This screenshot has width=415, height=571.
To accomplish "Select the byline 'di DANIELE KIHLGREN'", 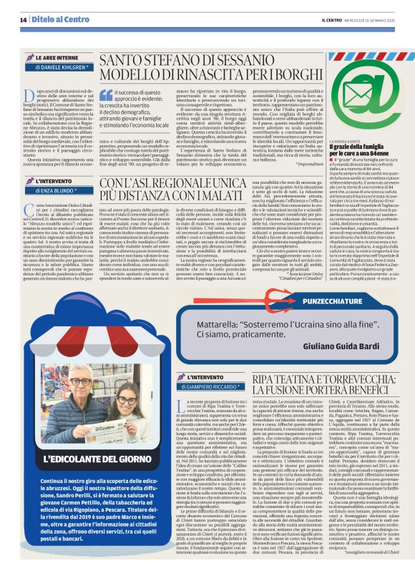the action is pyautogui.click(x=61, y=67).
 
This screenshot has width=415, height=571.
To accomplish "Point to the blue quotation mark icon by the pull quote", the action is pyautogui.click(x=106, y=94).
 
